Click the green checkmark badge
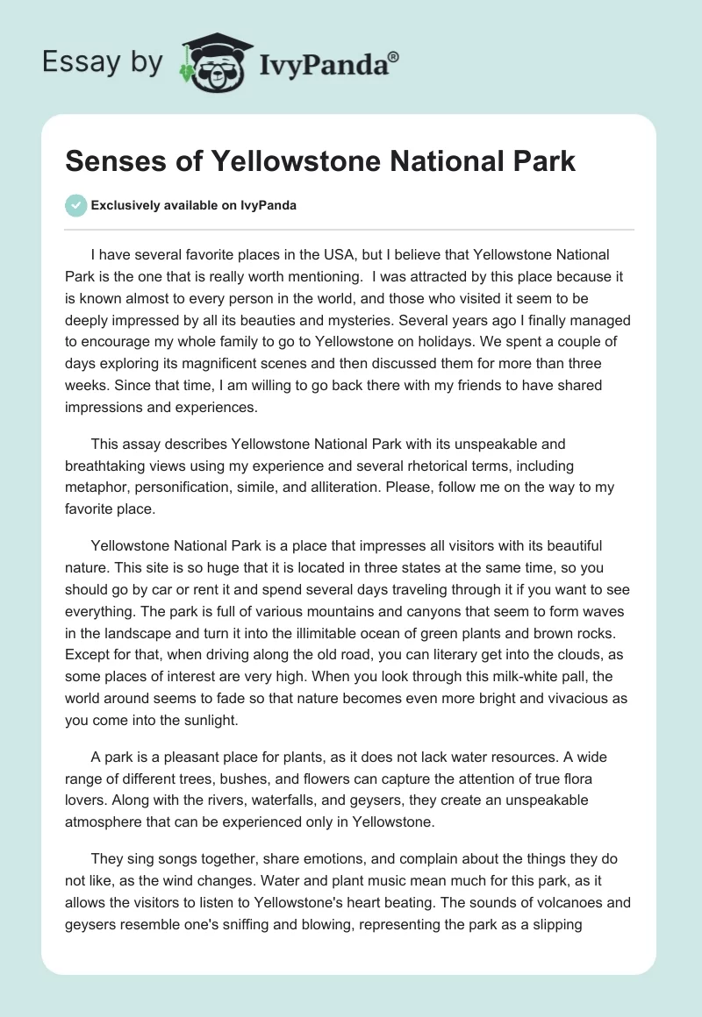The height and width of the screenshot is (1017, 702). coord(76,205)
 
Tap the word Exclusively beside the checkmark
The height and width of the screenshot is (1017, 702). coord(126,206)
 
